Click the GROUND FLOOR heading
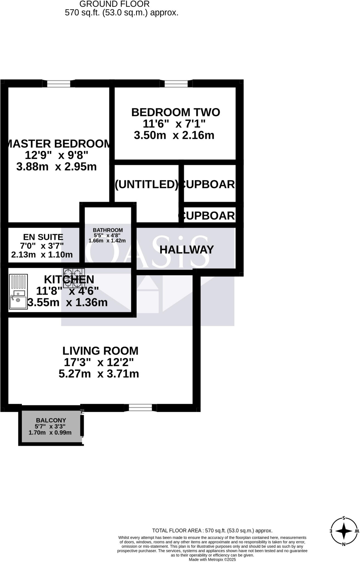(x=114, y=4)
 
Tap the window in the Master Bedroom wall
(x=59, y=83)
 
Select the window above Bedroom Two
(x=176, y=83)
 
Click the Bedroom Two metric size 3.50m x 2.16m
(x=174, y=135)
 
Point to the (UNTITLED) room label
(x=146, y=184)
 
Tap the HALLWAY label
(x=186, y=249)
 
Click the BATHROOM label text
(x=108, y=230)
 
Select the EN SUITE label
(x=43, y=237)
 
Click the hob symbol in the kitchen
(x=74, y=278)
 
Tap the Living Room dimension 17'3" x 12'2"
(x=99, y=363)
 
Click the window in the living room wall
(x=140, y=408)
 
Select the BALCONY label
(x=51, y=420)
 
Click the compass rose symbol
(x=344, y=531)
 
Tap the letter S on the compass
(x=344, y=518)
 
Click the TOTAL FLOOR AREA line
(x=212, y=531)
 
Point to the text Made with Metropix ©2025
(x=212, y=560)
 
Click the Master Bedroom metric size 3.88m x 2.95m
(x=56, y=167)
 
